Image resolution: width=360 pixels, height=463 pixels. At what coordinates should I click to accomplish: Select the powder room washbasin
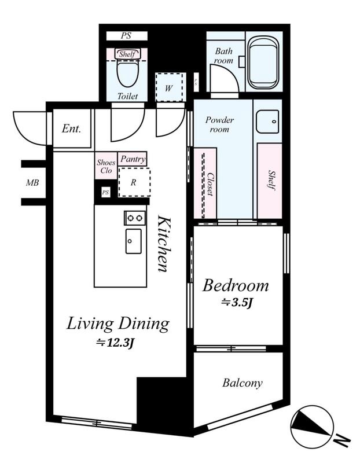[x=267, y=122]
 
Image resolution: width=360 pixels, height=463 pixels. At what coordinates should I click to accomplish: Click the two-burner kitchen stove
[x=135, y=218]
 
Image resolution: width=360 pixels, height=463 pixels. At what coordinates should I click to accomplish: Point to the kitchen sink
[x=134, y=241]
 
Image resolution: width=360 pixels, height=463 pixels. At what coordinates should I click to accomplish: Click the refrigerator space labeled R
[x=134, y=182]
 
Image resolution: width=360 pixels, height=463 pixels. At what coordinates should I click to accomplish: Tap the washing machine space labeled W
[x=169, y=87]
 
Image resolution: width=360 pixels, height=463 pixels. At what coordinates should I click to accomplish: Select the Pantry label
[x=133, y=159]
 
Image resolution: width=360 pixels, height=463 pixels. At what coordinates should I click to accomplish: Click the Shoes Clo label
[x=106, y=167]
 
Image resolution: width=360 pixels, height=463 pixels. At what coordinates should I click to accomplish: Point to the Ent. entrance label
[x=71, y=128]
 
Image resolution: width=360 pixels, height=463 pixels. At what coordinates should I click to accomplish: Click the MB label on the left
[x=32, y=183]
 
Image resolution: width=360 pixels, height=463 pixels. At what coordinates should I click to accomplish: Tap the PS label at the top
[x=126, y=36]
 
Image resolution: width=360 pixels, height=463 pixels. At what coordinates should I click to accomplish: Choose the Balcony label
[x=242, y=383]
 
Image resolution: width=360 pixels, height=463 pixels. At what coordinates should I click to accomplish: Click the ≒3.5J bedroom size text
[x=236, y=302]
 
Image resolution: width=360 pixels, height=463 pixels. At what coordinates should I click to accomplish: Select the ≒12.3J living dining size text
[x=116, y=343]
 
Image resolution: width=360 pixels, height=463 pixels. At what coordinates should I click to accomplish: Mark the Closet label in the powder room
[x=210, y=184]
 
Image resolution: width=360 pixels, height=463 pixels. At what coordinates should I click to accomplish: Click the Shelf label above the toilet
[x=127, y=54]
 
